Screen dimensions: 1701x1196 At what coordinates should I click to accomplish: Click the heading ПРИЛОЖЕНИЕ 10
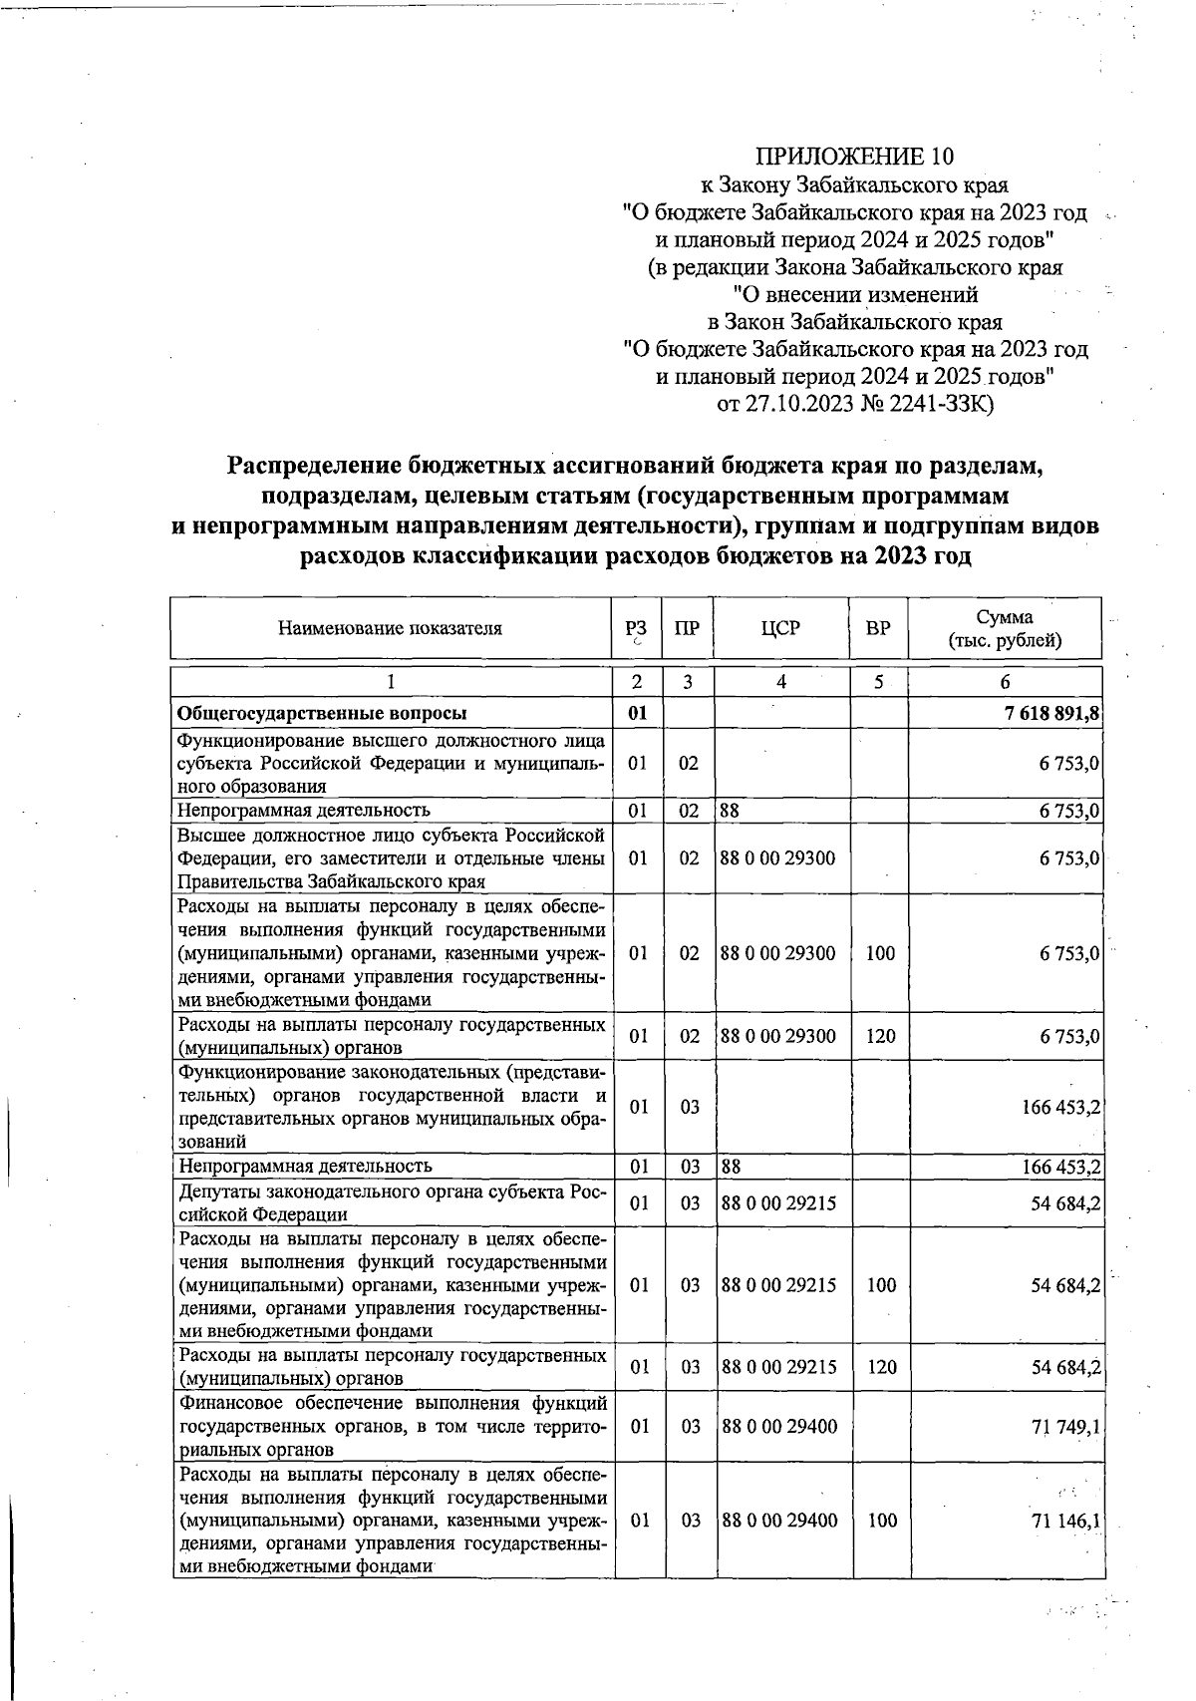854,157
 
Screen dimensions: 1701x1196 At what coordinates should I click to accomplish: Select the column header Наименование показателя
390,628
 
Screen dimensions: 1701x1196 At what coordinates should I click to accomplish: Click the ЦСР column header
780,628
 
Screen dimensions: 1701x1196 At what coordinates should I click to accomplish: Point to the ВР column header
878,628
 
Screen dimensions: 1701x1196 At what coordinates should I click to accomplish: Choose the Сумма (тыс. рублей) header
1004,628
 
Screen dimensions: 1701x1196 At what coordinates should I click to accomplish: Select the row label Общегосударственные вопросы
322,714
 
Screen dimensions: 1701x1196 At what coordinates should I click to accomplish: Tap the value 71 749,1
1065,1427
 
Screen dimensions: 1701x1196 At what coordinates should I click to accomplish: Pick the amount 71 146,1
1065,1521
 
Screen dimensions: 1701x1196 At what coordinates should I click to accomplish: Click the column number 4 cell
781,682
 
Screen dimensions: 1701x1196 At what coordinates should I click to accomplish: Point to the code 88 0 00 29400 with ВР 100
779,1521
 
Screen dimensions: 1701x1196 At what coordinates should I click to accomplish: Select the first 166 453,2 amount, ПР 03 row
1058,1107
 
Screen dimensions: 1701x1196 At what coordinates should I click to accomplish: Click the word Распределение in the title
315,466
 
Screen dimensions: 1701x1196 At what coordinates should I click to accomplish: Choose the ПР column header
687,628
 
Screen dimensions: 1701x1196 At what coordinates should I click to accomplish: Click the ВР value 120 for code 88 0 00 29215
881,1367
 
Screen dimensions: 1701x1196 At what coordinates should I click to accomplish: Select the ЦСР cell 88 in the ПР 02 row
730,811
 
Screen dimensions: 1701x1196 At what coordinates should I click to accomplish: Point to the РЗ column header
636,628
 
